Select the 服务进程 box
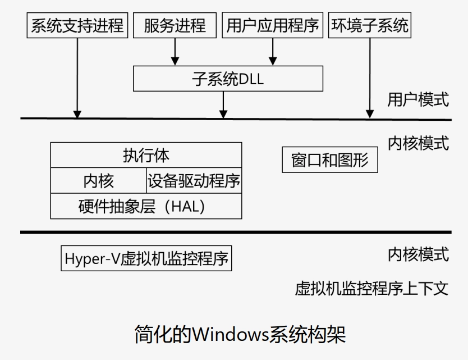[x=175, y=26]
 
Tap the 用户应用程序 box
[x=273, y=26]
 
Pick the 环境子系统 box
[x=370, y=26]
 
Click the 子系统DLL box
[x=228, y=79]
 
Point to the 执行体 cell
[x=146, y=155]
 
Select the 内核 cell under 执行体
[x=98, y=180]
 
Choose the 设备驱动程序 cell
[x=194, y=180]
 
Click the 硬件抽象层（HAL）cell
[x=146, y=206]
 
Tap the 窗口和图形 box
[x=330, y=161]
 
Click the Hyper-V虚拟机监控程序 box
[x=146, y=259]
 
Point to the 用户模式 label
[x=418, y=99]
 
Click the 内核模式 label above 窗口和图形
[x=418, y=143]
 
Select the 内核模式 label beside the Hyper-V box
[x=418, y=254]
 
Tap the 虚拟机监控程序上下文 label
[x=372, y=288]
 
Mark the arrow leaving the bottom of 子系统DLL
[x=224, y=104]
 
